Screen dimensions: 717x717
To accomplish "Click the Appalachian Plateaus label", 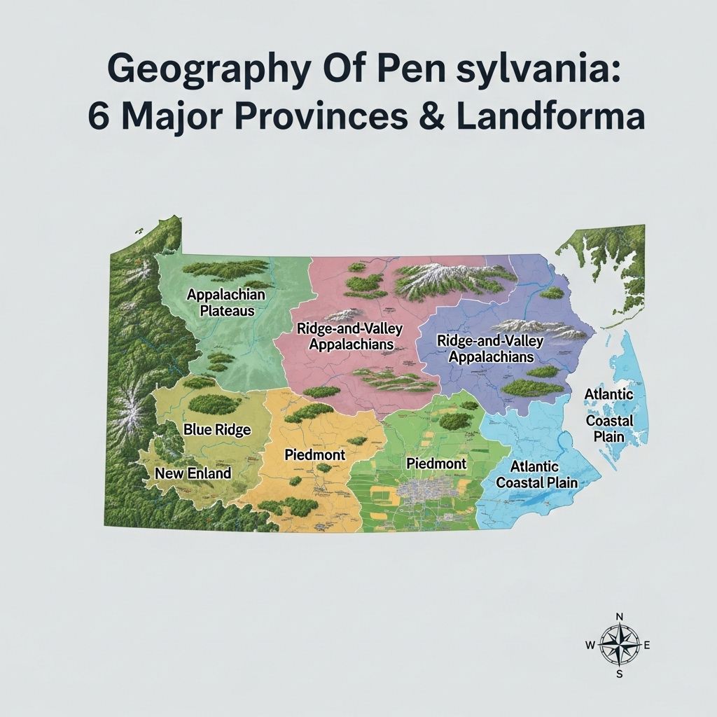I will [225, 302].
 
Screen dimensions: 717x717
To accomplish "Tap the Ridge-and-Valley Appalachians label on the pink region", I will [345, 336].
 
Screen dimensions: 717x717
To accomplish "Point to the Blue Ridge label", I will [216, 430].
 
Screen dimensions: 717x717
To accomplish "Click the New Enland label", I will [193, 473].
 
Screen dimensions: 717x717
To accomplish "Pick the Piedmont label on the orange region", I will [315, 455].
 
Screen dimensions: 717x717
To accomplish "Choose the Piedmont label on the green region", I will [436, 464].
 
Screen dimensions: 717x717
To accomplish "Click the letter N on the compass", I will [619, 616].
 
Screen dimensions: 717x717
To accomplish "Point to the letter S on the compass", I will [619, 674].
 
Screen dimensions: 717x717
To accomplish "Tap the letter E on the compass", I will [647, 646].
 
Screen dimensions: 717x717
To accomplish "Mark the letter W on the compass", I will [590, 646].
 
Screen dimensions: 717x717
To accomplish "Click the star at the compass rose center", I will [619, 646].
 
